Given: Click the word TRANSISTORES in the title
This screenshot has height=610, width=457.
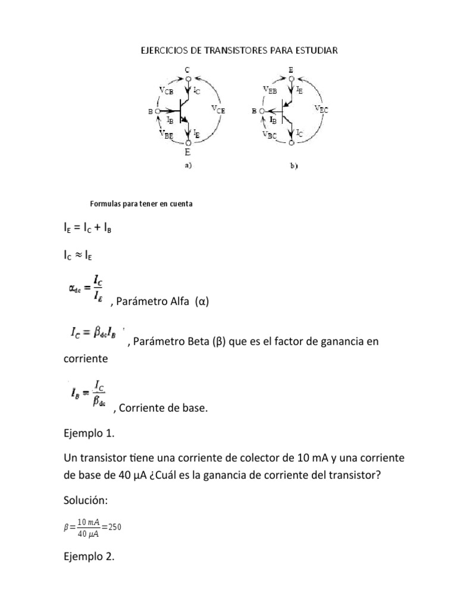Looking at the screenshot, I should point(221,51).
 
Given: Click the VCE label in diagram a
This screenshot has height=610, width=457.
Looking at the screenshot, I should point(218,109).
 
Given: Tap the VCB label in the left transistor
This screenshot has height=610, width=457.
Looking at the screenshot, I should point(166,90).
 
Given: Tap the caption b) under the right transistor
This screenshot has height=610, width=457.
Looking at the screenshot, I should point(293,167).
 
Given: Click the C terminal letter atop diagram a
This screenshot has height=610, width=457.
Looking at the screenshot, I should point(187,70).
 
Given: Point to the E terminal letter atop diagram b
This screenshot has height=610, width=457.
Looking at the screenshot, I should point(290,70).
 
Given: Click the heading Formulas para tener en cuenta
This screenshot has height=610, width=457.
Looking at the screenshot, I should point(142,204).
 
